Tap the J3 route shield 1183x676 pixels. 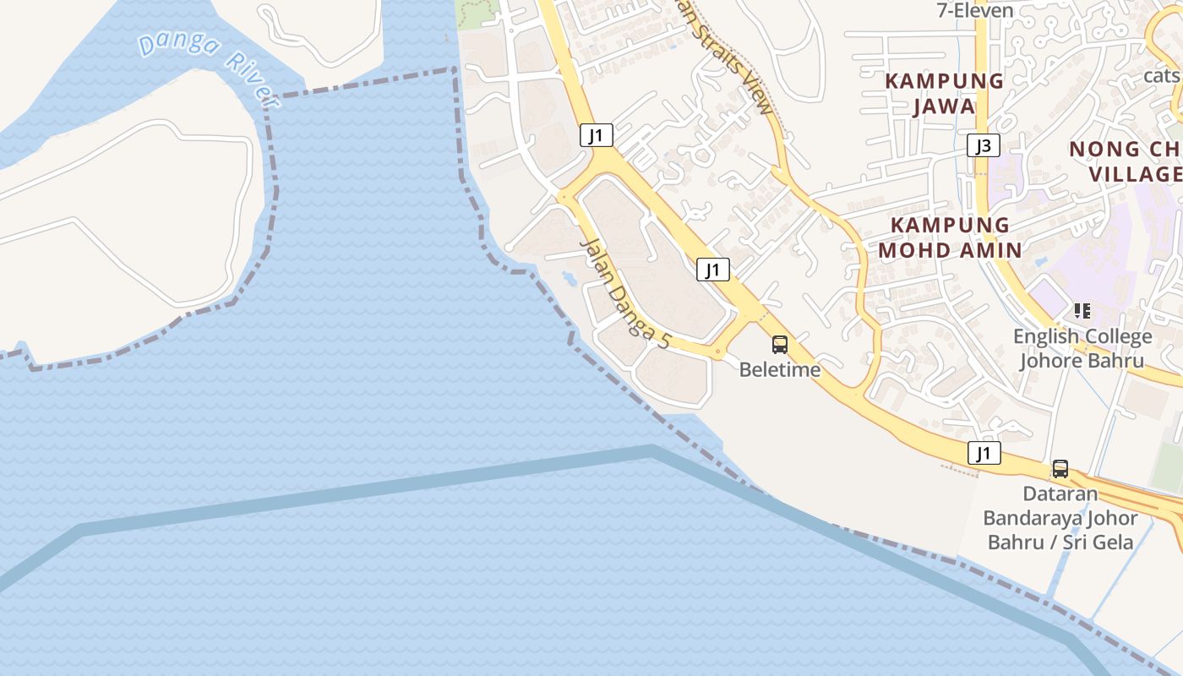point(984,146)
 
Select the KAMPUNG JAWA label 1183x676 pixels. point(945,94)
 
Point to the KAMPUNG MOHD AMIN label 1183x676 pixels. point(950,237)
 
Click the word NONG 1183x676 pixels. point(1104,150)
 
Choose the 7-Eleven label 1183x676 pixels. point(974,10)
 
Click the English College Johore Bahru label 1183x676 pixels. point(1082,348)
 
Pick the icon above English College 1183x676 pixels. point(1082,311)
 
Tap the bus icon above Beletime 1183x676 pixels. point(779,345)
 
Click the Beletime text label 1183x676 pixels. point(779,369)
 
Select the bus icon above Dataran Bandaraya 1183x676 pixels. point(1060,469)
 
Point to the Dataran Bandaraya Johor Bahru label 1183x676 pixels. point(1060,517)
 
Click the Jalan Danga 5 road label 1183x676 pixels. point(624,293)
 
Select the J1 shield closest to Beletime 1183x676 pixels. point(713,270)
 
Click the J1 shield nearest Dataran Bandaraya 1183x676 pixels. point(984,454)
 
